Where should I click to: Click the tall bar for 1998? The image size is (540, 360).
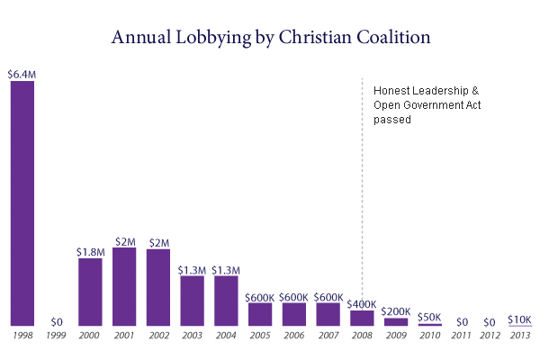[22, 203]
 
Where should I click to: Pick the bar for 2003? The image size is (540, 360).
[192, 301]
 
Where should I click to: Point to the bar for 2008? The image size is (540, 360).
[362, 318]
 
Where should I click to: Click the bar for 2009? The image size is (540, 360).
[395, 321]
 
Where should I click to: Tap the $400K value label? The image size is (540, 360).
[362, 304]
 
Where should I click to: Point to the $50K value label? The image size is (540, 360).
[429, 317]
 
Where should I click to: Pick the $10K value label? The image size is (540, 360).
[519, 319]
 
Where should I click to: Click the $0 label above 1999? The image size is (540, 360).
[57, 320]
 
